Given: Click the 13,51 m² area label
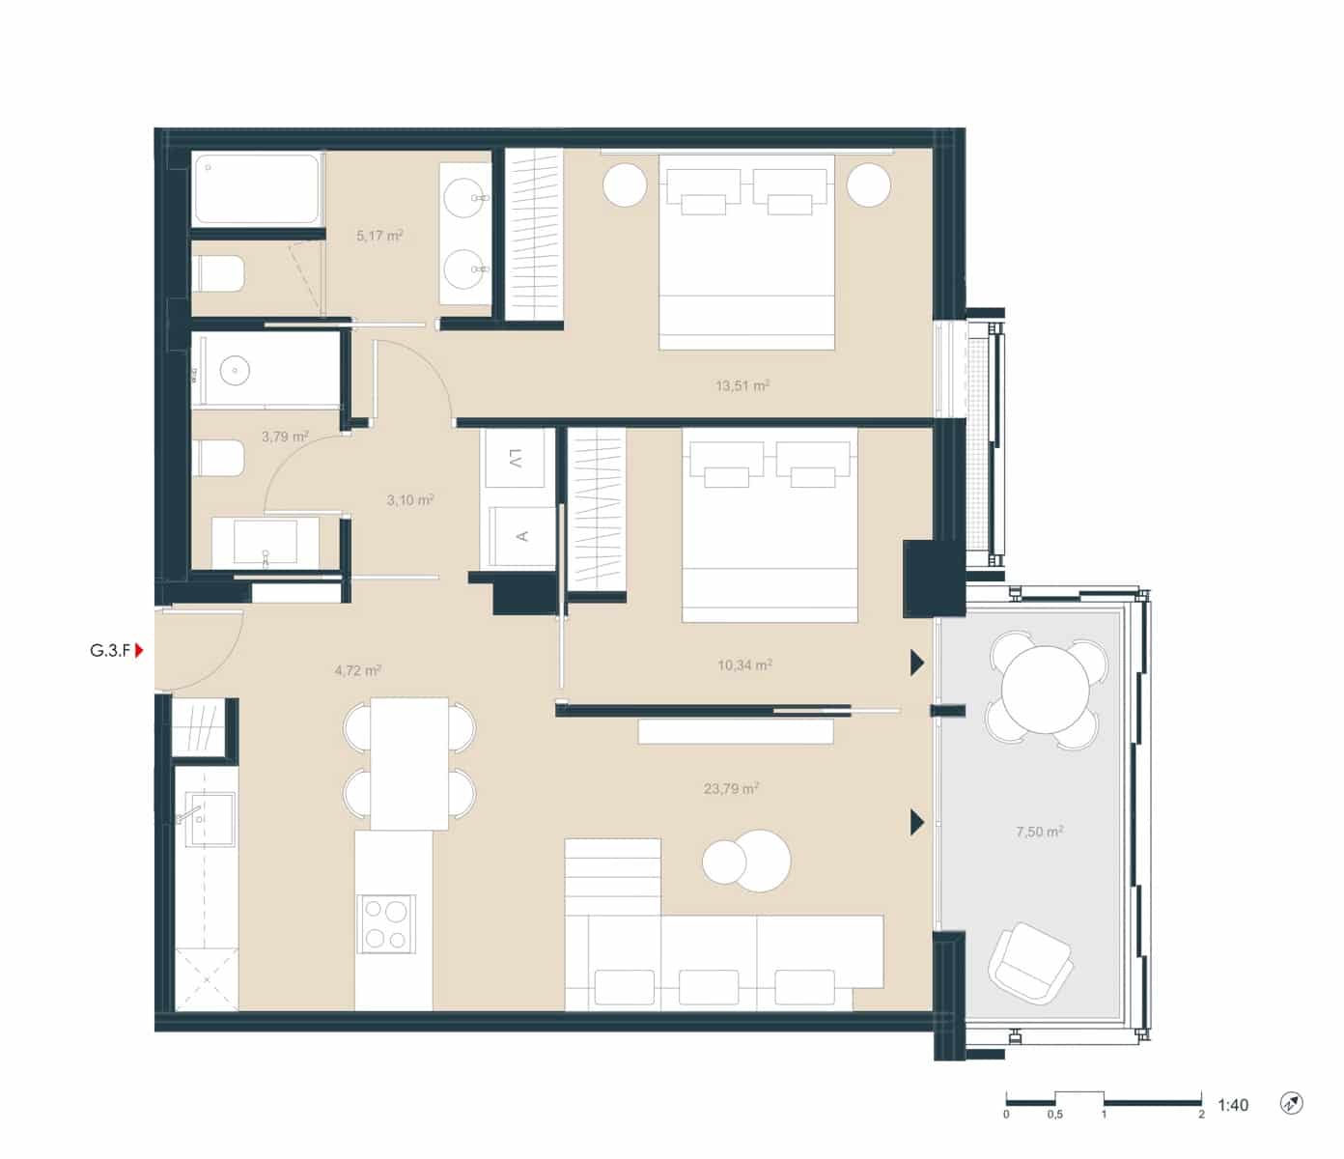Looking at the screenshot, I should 742,386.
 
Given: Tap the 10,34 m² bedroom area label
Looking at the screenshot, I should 744,665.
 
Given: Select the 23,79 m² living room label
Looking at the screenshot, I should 731,789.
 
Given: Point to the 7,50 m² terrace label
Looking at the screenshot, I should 1040,832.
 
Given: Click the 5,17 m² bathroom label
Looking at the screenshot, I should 379,236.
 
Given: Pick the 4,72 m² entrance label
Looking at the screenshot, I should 357,670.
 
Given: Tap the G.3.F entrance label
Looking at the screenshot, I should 110,651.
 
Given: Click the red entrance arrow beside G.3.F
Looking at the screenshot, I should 139,651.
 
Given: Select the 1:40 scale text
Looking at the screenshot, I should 1233,1105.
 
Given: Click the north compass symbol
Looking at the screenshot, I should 1292,1103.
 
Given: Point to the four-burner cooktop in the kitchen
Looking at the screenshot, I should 385,923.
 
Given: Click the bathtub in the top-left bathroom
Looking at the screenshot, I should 256,189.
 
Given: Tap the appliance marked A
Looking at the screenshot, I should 521,536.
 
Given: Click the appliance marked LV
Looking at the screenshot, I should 518,458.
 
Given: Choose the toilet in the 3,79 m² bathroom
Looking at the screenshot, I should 219,458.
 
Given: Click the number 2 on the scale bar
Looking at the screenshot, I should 1202,1114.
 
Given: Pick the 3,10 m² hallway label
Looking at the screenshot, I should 410,500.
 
